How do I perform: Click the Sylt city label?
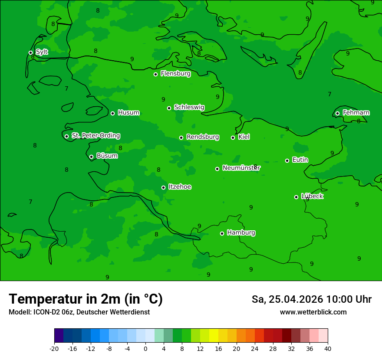[x=42, y=52]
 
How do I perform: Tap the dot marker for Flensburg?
[x=155, y=74]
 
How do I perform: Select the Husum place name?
[x=128, y=113]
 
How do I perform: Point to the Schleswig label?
[x=189, y=107]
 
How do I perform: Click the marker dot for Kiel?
[x=233, y=137]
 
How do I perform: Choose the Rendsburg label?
[x=203, y=137]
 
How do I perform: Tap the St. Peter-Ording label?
[x=95, y=136]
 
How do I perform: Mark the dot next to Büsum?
[x=91, y=157]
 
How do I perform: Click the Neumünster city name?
[x=241, y=168]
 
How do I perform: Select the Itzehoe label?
[x=180, y=187]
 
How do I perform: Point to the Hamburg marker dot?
[x=222, y=233]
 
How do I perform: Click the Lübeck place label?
[x=312, y=196]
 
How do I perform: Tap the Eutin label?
[x=300, y=160]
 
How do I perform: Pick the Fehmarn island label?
[x=356, y=113]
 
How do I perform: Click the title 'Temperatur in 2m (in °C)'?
[x=86, y=299]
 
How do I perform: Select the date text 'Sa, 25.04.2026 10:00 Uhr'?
[x=311, y=299]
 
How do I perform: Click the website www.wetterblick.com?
[x=313, y=312]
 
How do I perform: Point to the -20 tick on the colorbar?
[x=54, y=348]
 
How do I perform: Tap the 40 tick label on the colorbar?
[x=328, y=348]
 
